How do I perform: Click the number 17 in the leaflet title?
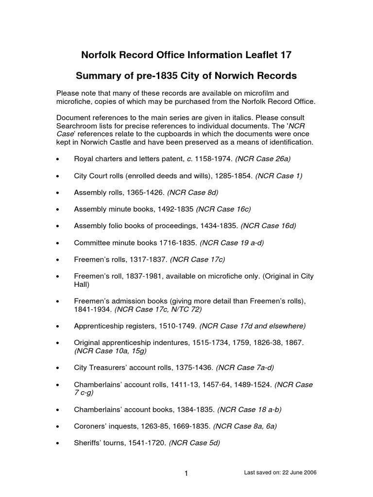click(x=285, y=55)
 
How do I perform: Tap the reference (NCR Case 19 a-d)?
click(x=232, y=243)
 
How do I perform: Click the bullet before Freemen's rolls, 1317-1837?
click(x=58, y=260)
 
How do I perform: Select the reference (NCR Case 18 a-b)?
click(x=250, y=410)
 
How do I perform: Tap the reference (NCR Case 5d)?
click(x=194, y=443)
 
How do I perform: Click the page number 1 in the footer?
click(x=186, y=474)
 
